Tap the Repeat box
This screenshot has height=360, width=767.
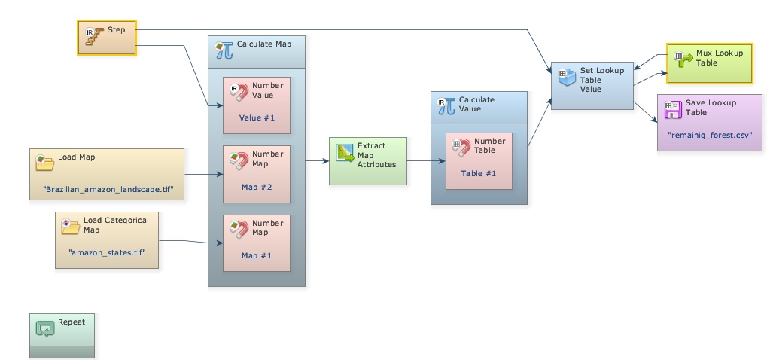pos(62,335)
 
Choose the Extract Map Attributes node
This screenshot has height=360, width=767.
pos(367,160)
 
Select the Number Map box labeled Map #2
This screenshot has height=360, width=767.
pos(257,174)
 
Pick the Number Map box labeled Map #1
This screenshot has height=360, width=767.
pos(257,242)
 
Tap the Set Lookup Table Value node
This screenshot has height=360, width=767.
pos(592,86)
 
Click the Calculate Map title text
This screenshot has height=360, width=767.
pos(263,44)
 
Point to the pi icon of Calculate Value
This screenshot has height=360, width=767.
pos(446,105)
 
